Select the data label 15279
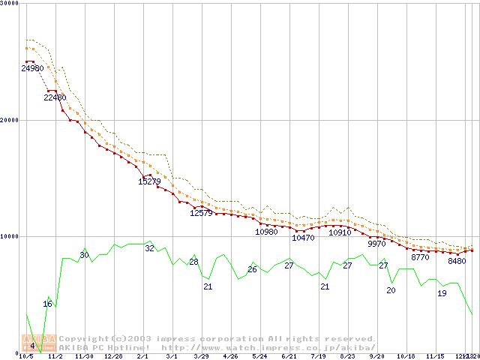(149, 181)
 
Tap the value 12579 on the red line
(201, 213)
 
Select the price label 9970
(376, 244)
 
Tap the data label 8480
(457, 262)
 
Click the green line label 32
(149, 248)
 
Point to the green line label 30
(84, 256)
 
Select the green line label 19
(442, 293)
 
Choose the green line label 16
(47, 304)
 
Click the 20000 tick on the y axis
(9, 120)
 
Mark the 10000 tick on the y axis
(9, 236)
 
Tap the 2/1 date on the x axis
(142, 356)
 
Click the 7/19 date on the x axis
(317, 356)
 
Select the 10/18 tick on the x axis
(405, 356)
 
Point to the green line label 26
(252, 269)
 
